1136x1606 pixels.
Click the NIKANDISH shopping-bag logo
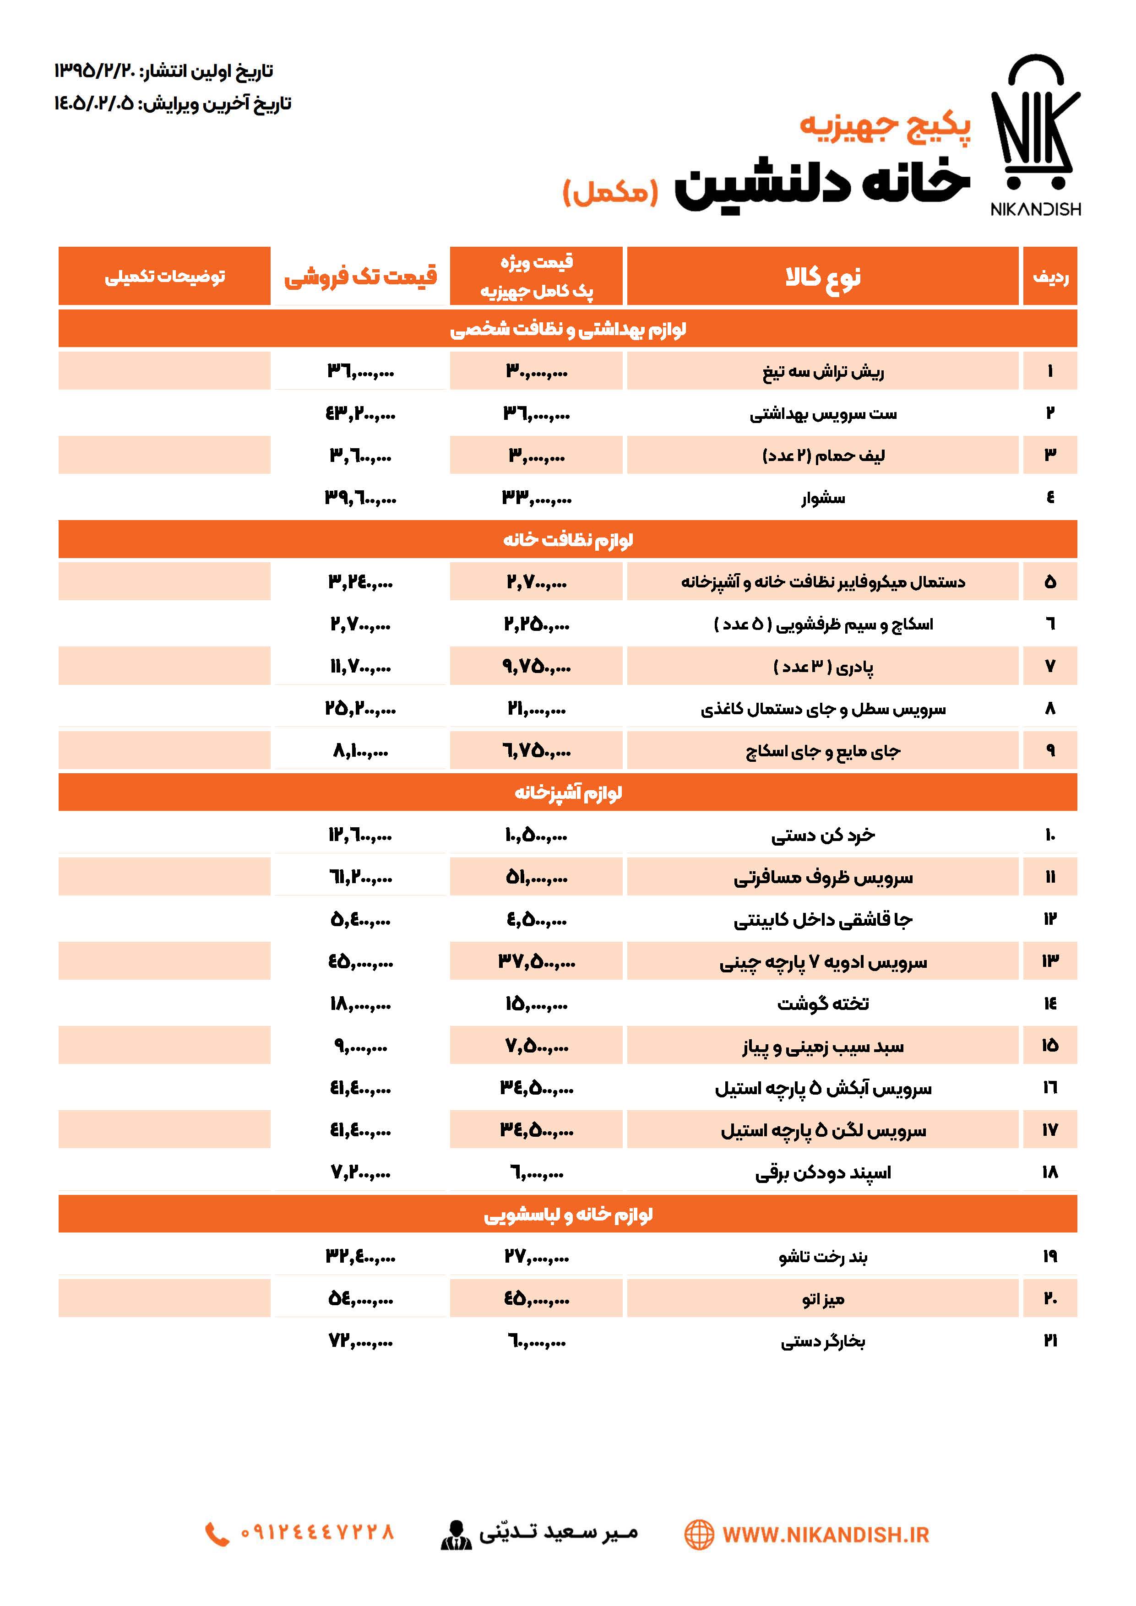1035,133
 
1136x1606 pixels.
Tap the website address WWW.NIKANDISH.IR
826,1535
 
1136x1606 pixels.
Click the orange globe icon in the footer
699,1535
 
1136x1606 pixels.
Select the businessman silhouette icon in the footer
456,1535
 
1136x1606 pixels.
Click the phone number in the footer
317,1533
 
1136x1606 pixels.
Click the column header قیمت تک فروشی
360,277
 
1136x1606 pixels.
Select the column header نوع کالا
823,277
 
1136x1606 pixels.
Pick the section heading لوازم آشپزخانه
568,792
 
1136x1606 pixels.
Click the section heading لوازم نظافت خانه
568,539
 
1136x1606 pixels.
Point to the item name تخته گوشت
823,1004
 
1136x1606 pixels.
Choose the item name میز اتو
823,1299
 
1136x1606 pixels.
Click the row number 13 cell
1050,961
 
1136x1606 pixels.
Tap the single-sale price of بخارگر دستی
360,1341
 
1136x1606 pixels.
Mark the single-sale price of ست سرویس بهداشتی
360,413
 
